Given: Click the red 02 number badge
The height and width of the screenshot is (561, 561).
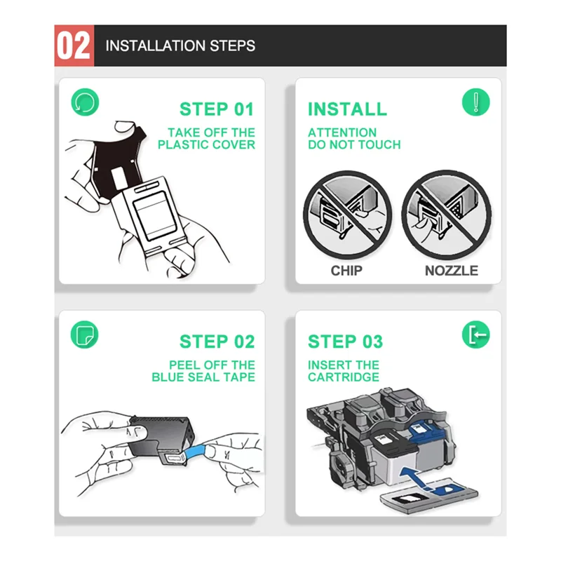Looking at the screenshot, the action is click(x=74, y=46).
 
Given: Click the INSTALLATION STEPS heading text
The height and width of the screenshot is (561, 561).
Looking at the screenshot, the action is click(x=180, y=46).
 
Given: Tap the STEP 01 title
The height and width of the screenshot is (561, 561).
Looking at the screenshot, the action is click(x=217, y=109).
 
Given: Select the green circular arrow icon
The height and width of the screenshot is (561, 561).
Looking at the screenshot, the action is click(x=85, y=102).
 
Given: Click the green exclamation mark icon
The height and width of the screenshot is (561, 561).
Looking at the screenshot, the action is click(x=476, y=102).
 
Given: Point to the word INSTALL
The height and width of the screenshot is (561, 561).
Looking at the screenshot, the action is click(x=347, y=109).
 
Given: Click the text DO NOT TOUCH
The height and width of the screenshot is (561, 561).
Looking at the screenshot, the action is click(x=354, y=144).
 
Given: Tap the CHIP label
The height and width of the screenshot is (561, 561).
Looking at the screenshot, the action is click(x=346, y=271).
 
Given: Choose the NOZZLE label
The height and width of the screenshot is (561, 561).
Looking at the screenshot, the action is click(x=452, y=271).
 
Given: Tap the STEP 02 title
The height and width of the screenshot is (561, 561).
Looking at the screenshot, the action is click(x=217, y=342).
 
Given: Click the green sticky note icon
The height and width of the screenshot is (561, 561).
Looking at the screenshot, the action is click(x=84, y=334).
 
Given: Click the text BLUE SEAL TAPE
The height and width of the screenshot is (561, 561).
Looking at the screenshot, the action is click(x=203, y=377).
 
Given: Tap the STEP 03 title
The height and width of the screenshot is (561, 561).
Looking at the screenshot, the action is click(x=345, y=342).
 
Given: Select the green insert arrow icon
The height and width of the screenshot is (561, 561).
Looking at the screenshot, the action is click(x=476, y=334).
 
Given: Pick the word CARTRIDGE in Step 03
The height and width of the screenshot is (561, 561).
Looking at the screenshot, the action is click(x=344, y=377).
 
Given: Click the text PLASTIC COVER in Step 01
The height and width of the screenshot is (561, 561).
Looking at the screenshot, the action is click(x=206, y=144).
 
